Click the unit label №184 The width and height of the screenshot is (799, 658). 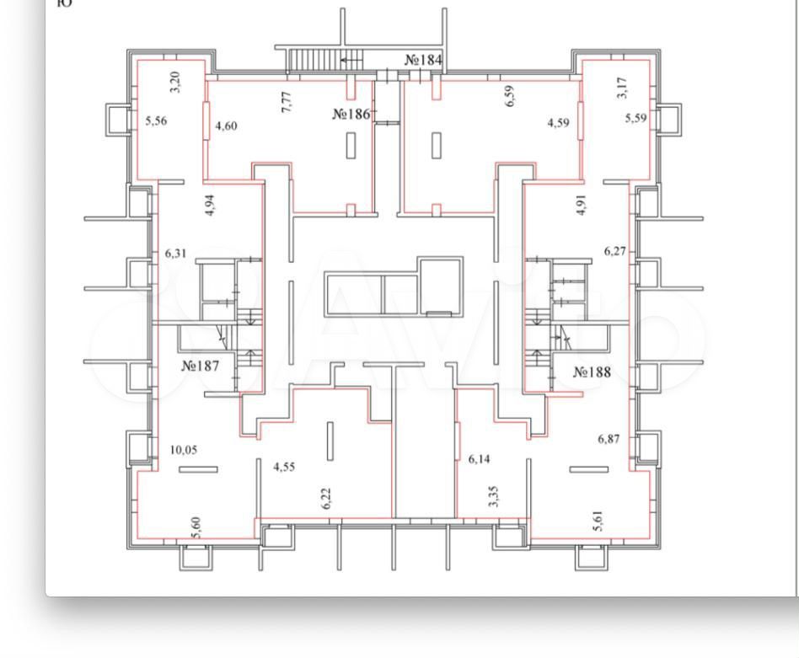pos(423,60)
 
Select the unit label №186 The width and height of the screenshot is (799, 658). pos(351,114)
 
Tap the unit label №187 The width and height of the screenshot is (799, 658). pos(201,366)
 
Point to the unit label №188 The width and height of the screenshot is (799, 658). pos(592,372)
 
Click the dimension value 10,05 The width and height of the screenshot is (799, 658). pos(184,450)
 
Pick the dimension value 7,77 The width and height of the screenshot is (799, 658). pos(287,101)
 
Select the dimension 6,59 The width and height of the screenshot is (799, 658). pos(510,96)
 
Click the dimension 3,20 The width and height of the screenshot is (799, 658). pos(174,82)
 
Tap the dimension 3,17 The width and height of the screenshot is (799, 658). pos(622,88)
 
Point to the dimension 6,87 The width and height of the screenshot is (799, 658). pos(609,438)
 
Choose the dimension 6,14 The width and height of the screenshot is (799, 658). pos(479,459)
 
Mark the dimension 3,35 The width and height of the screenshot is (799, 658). pos(493,496)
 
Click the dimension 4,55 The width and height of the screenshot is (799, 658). pos(284,467)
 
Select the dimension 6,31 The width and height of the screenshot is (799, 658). pos(176,253)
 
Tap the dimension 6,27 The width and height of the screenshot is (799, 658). pos(615,251)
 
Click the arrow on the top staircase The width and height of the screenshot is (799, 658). pos(351,60)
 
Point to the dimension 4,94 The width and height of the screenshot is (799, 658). pos(209,206)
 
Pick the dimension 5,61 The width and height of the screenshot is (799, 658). pos(598,521)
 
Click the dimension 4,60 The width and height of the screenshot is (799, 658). pos(226,126)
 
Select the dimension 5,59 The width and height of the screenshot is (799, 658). pos(636,118)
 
